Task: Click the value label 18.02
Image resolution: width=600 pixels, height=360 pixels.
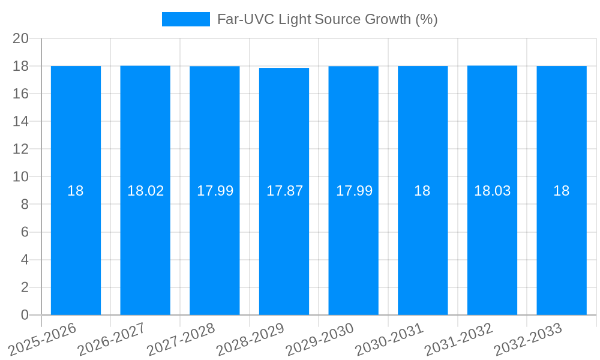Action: [x=145, y=191]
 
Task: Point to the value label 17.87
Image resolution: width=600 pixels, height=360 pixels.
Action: [x=284, y=191]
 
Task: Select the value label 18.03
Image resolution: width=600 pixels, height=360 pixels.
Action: [x=493, y=191]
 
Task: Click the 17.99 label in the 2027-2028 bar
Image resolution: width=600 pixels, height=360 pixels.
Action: [x=215, y=191]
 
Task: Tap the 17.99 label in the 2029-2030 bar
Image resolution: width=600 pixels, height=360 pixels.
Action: [x=354, y=191]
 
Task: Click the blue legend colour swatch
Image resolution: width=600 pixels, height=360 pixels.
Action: [x=186, y=19]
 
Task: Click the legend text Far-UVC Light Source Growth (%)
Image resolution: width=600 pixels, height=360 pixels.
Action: [x=327, y=19]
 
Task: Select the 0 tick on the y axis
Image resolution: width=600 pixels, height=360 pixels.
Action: [x=25, y=315]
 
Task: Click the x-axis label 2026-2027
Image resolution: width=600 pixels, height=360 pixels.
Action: [x=112, y=339]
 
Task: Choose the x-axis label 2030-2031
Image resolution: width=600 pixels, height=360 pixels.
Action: [x=389, y=339]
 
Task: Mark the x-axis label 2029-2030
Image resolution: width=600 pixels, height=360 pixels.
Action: [x=320, y=339]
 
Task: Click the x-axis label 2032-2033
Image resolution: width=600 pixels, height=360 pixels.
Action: [x=528, y=339]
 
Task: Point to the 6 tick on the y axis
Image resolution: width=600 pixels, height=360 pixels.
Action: [x=25, y=232]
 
